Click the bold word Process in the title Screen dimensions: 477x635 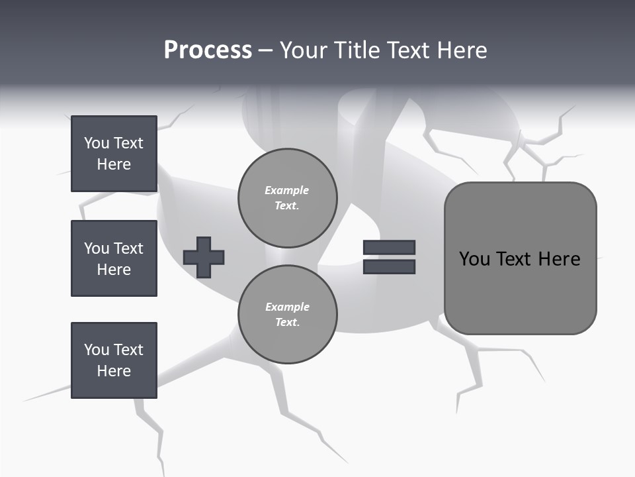point(208,50)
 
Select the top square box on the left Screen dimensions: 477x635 point(114,154)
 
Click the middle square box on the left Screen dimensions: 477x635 point(114,258)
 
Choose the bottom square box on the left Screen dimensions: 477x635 point(114,360)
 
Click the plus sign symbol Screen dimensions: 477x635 point(204,257)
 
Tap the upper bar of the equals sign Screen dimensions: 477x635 point(389,247)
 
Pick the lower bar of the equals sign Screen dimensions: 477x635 point(389,266)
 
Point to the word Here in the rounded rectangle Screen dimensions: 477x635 point(559,259)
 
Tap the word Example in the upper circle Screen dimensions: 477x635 point(287,190)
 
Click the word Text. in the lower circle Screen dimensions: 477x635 point(287,323)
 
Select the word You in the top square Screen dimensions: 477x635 point(96,143)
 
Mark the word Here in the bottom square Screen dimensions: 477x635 point(114,371)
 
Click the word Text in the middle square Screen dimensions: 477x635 point(128,248)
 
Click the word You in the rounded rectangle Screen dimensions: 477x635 point(474,259)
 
